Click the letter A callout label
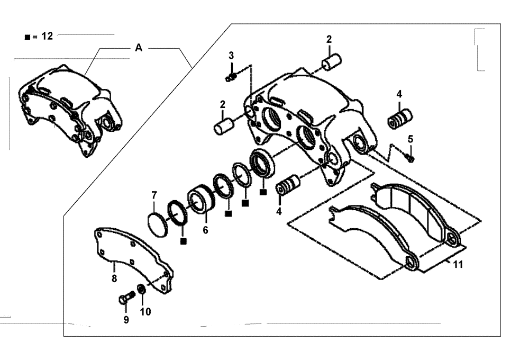click(x=139, y=48)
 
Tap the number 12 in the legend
click(x=47, y=37)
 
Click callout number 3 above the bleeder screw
click(x=231, y=56)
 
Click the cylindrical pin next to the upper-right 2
click(x=332, y=62)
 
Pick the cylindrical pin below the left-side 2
click(x=223, y=128)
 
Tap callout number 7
click(x=154, y=195)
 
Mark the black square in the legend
click(x=27, y=38)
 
